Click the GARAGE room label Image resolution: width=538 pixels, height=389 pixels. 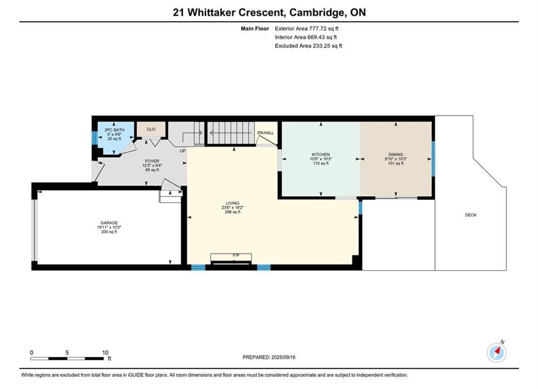coord(109,223)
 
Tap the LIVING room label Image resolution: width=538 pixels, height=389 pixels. coord(233,203)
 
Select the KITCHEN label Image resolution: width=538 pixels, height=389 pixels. coord(321,155)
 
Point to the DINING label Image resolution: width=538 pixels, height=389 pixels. coord(396,155)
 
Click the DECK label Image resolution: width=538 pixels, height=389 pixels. coord(471,215)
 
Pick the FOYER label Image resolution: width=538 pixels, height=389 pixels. coord(152,161)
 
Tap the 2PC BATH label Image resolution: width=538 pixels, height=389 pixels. coord(114,130)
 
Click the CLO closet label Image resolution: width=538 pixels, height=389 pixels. coord(151,129)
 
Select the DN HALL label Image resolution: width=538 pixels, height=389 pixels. coord(265,132)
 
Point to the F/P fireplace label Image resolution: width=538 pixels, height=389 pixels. coord(236,256)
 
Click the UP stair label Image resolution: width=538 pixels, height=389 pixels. coord(183,151)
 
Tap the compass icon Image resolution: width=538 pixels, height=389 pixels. coord(496,352)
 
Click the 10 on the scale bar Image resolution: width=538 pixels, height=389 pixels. coord(105,353)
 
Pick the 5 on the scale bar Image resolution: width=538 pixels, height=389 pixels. coord(67,353)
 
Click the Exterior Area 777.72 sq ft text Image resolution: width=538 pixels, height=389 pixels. coord(307,29)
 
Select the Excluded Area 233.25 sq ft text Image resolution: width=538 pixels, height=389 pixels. coord(308,46)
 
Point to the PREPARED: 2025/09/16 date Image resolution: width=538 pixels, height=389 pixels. coord(269,357)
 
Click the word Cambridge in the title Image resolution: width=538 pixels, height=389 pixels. coord(316,12)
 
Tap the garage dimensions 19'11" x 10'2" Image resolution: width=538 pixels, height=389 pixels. coord(109,227)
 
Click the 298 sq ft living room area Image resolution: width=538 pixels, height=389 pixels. coord(233,212)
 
